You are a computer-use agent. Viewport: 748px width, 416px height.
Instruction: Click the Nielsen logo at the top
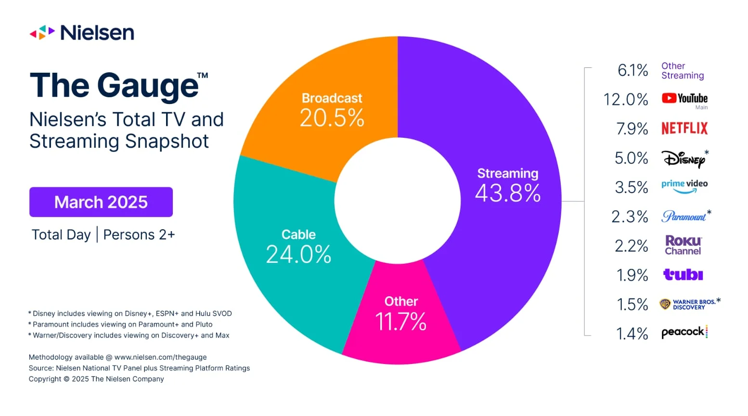pos(82,33)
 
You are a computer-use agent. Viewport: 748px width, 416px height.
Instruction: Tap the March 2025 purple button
pos(101,202)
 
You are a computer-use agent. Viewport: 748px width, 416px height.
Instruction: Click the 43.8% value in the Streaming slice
pos(508,194)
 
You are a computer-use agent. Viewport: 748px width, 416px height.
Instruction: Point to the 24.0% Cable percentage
pos(298,255)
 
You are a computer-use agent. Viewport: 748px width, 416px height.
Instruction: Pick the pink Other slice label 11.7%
pos(400,322)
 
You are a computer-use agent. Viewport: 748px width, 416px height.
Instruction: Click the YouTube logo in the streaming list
pos(684,99)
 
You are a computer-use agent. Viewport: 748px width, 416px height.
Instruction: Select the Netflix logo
pos(684,129)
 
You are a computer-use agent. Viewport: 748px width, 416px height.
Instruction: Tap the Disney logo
pos(684,158)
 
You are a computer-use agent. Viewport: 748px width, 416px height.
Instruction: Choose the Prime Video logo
pos(684,186)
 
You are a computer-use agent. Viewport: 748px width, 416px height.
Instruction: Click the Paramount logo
pos(684,216)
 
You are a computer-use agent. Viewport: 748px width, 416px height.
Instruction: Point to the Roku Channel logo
pos(683,245)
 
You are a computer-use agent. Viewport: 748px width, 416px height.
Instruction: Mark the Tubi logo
pos(683,274)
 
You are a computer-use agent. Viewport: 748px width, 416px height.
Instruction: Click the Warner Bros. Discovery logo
pos(688,304)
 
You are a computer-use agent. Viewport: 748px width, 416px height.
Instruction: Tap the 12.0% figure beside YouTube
pos(626,100)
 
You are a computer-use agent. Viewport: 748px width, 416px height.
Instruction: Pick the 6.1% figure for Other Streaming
pos(632,70)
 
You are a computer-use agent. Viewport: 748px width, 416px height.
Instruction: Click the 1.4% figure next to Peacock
pos(632,334)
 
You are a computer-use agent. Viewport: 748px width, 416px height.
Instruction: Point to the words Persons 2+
pos(139,235)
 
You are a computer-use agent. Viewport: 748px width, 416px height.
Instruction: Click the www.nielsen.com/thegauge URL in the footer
pos(160,357)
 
